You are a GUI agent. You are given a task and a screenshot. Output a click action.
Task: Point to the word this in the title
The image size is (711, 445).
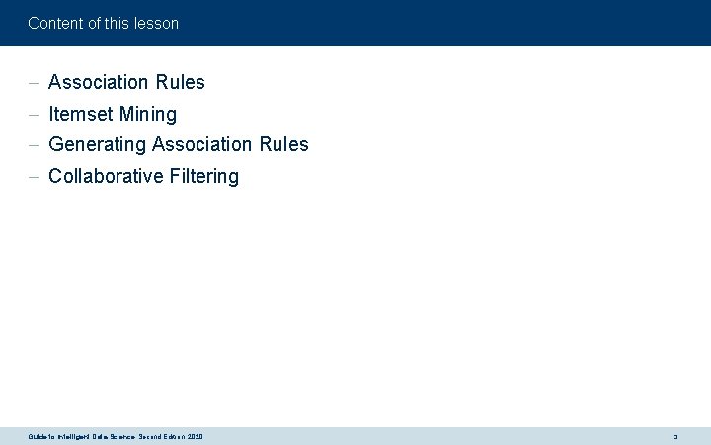point(117,23)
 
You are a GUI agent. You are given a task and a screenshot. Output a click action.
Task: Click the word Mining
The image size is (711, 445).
point(148,114)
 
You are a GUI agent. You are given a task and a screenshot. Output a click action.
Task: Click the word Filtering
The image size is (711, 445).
point(204,176)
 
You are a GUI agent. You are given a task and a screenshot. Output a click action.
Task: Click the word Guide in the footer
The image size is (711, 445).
point(39,436)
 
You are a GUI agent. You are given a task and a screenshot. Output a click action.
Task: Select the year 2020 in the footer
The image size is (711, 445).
point(194,436)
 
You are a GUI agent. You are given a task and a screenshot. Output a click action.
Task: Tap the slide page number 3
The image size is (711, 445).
point(675,436)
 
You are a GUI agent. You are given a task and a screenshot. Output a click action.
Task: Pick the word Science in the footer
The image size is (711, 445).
point(118,436)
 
